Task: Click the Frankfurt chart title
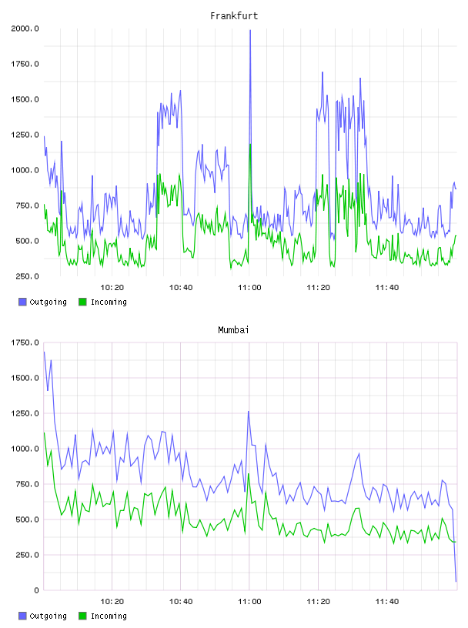pyautogui.click(x=234, y=16)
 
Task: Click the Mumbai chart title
pyautogui.click(x=233, y=330)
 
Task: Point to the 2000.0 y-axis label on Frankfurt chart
pyautogui.click(x=25, y=28)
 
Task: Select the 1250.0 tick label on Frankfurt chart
pyautogui.click(x=25, y=135)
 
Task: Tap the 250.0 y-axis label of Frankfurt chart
pyautogui.click(x=27, y=276)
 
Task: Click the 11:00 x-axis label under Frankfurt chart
pyautogui.click(x=249, y=288)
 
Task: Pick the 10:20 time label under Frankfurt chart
pyautogui.click(x=112, y=288)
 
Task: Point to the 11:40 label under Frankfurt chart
pyautogui.click(x=387, y=288)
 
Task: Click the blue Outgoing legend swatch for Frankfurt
pyautogui.click(x=22, y=302)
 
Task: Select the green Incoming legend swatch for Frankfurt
pyautogui.click(x=82, y=302)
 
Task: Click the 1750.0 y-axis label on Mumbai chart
pyautogui.click(x=25, y=342)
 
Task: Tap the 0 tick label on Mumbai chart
pyautogui.click(x=36, y=590)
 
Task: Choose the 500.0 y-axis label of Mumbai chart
pyautogui.click(x=27, y=519)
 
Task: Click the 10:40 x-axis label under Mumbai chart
pyautogui.click(x=181, y=602)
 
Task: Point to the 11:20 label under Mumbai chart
pyautogui.click(x=318, y=602)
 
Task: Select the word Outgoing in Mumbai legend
pyautogui.click(x=48, y=616)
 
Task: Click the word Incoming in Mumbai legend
pyautogui.click(x=109, y=616)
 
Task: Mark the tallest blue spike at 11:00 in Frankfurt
pyautogui.click(x=250, y=31)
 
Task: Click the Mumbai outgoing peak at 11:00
pyautogui.click(x=249, y=411)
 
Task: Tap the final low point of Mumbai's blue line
pyautogui.click(x=456, y=581)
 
